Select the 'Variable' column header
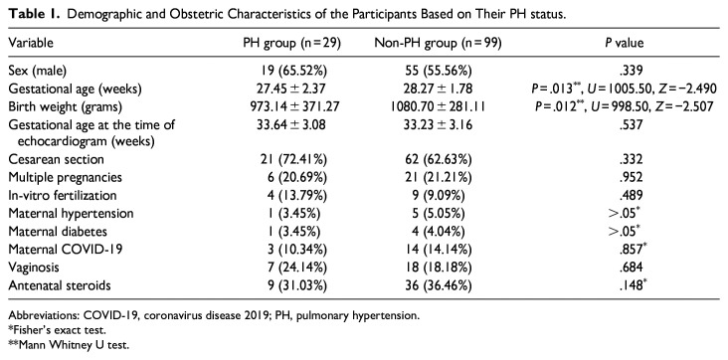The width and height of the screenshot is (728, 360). (x=31, y=43)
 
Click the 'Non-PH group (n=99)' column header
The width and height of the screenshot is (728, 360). (x=439, y=43)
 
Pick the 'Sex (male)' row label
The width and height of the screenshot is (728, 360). (x=38, y=71)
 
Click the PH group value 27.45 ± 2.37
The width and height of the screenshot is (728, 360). (x=292, y=89)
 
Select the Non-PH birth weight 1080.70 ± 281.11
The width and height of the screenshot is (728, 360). (x=439, y=106)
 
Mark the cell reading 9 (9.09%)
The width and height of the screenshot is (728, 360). (x=439, y=196)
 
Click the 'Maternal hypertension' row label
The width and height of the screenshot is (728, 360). (x=71, y=213)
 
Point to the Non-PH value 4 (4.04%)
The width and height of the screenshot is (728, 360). (x=439, y=231)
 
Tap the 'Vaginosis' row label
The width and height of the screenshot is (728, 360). (x=30, y=268)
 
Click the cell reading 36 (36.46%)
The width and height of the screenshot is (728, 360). (x=439, y=284)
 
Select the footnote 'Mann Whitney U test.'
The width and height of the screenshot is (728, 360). (x=54, y=345)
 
